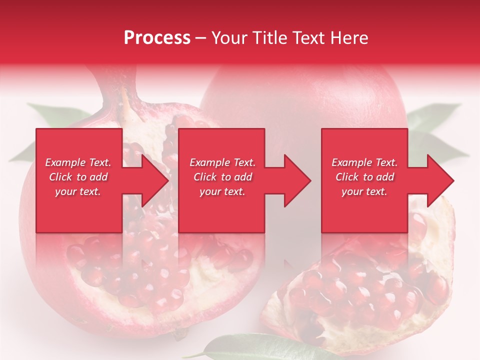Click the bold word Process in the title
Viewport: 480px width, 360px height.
click(x=157, y=38)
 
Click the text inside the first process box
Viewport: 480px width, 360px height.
click(x=78, y=177)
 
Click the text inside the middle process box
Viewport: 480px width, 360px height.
click(x=222, y=177)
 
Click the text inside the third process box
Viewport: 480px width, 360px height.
click(x=364, y=177)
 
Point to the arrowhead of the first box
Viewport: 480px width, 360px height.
click(x=155, y=180)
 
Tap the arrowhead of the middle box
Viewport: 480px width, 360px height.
click(x=297, y=180)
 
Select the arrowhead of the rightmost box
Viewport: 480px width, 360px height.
click(x=440, y=180)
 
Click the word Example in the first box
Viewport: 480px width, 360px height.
click(x=65, y=162)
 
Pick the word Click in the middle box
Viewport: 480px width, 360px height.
click(x=204, y=177)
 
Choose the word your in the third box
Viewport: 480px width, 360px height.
click(x=352, y=191)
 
